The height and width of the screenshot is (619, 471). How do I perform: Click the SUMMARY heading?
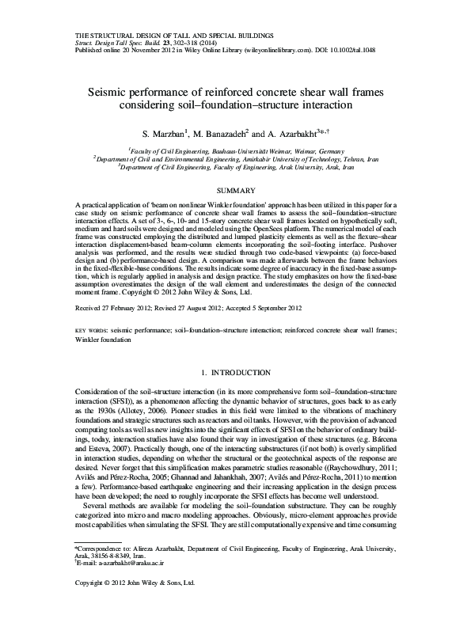[234, 191]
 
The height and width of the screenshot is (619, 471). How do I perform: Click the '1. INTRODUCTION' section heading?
[234, 372]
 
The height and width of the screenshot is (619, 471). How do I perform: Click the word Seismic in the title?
[131, 91]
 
